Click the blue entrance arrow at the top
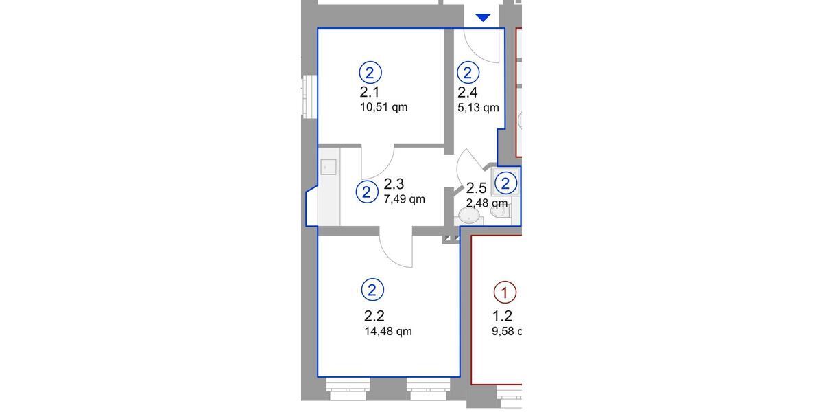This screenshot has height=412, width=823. (x=484, y=18)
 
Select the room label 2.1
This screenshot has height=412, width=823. (x=370, y=92)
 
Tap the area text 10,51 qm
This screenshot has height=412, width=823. (x=383, y=107)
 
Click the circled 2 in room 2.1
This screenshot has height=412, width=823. (x=370, y=72)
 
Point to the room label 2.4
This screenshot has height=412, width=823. (x=468, y=92)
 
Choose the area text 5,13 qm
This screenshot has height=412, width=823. (x=478, y=107)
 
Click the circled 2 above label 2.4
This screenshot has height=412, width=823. (x=468, y=72)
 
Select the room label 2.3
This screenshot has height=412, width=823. (x=394, y=184)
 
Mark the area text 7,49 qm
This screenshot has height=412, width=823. (x=405, y=199)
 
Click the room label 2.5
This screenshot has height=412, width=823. (x=476, y=188)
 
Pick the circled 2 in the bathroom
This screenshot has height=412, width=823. (x=505, y=183)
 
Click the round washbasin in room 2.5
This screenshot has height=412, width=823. (x=469, y=216)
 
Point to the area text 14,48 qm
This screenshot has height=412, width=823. (x=388, y=331)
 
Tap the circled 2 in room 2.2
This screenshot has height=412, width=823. (x=372, y=290)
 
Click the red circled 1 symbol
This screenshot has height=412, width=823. (x=505, y=293)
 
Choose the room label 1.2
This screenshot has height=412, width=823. (x=502, y=316)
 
